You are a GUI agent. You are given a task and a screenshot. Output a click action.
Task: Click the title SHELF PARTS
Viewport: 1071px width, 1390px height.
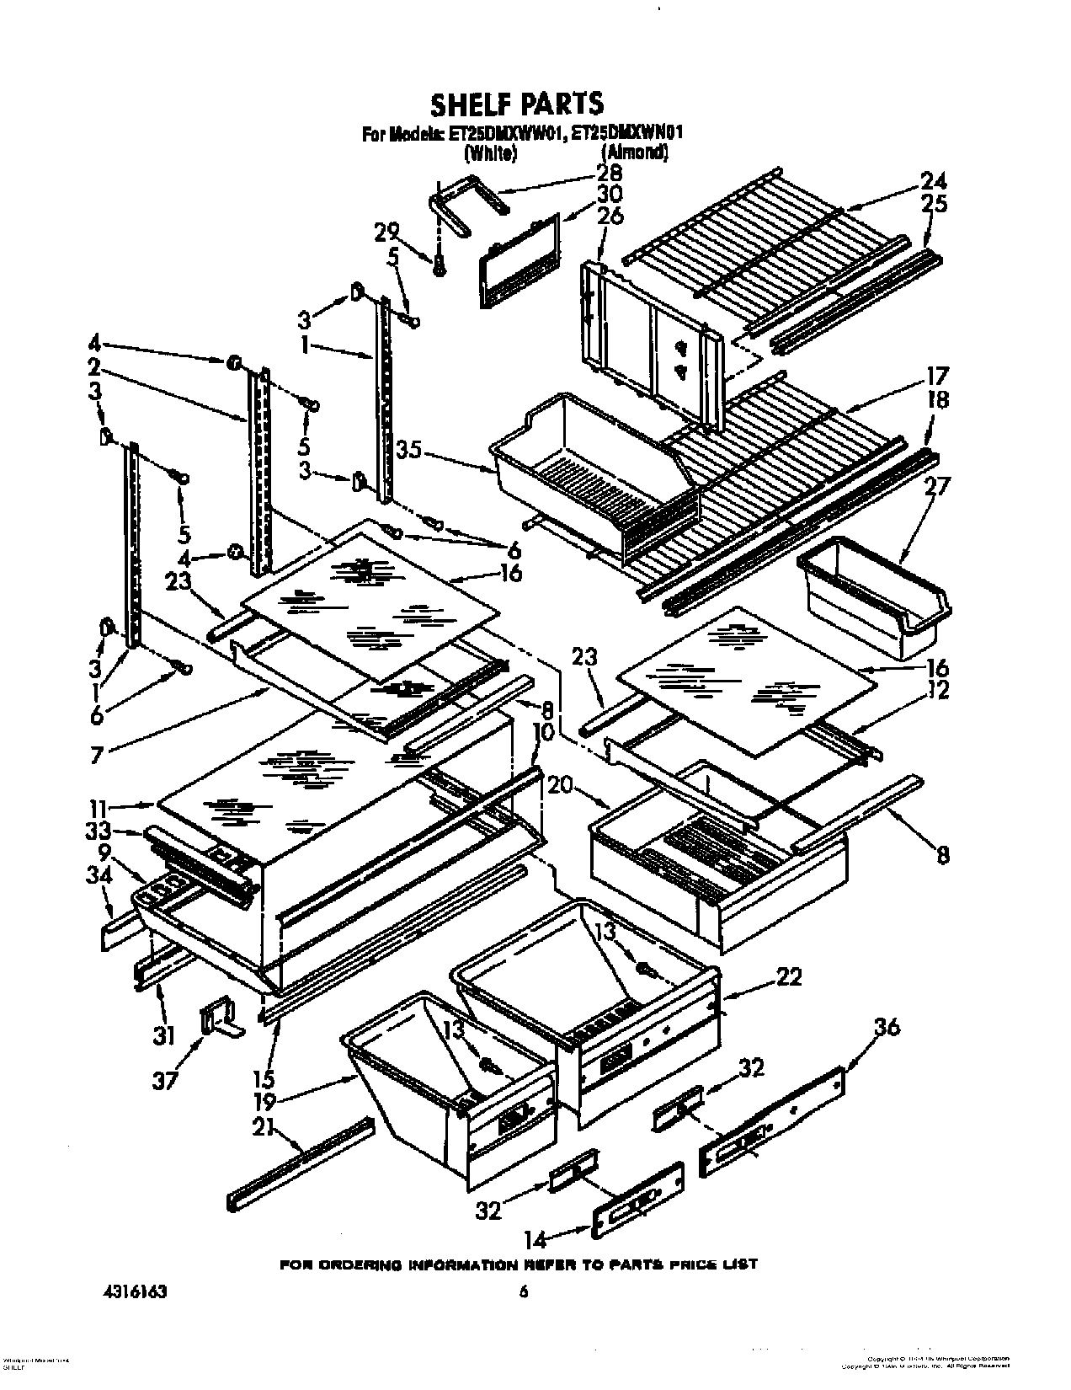pyautogui.click(x=517, y=103)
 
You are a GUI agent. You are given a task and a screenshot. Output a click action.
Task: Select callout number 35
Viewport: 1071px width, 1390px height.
pyautogui.click(x=409, y=452)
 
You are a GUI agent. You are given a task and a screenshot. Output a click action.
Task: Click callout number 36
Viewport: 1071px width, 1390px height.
pyautogui.click(x=887, y=1027)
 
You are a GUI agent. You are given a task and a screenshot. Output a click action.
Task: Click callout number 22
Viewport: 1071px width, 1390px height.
pyautogui.click(x=788, y=977)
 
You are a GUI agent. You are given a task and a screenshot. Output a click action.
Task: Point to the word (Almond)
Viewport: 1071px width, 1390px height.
pyautogui.click(x=635, y=152)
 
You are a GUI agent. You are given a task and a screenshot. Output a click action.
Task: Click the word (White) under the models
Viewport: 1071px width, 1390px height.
pyautogui.click(x=488, y=152)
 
